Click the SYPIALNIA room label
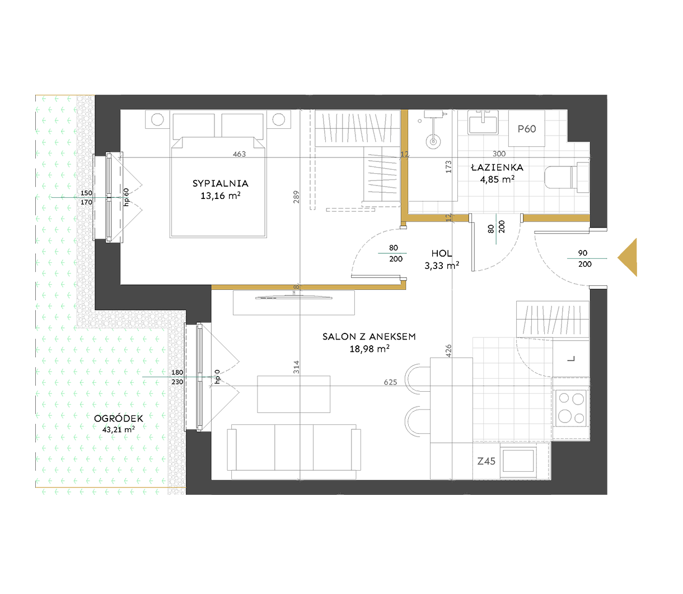pos(221,183)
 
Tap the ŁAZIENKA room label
pos(497,167)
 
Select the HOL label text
pos(442,253)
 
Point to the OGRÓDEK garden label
pos(119,418)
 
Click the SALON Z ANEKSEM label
pos(369,336)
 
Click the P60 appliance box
pos(527,129)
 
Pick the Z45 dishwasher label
pos(486,461)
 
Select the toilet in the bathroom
pos(567,178)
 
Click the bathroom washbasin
pos(483,123)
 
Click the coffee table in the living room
pos(293,394)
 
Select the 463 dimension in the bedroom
pos(240,154)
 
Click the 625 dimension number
pos(391,382)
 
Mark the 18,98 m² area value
pos(369,349)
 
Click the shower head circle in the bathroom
pos(433,142)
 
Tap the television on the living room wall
pos(294,296)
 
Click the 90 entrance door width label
pos(583,253)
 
